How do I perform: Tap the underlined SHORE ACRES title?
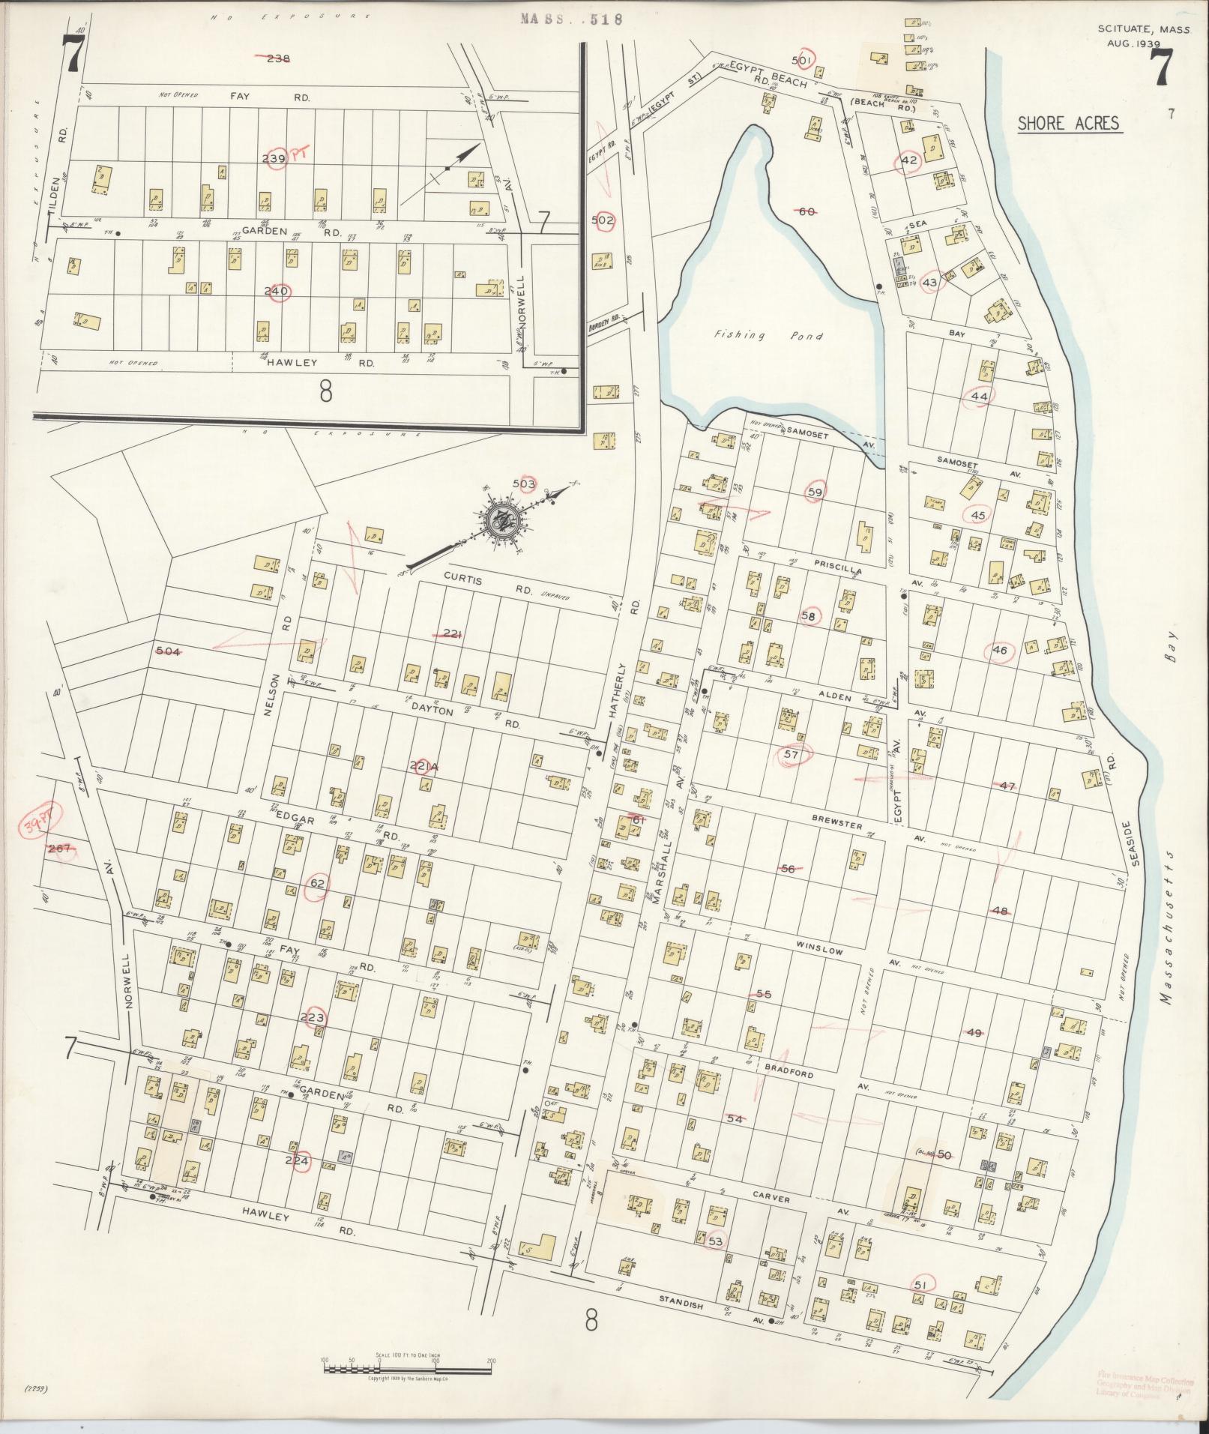pyautogui.click(x=1070, y=124)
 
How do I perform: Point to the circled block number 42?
pyautogui.click(x=910, y=160)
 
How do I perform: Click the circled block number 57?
pyautogui.click(x=792, y=755)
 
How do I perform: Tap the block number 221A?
pyautogui.click(x=423, y=766)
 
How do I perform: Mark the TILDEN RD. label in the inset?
pyautogui.click(x=63, y=174)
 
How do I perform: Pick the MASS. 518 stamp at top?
pyautogui.click(x=571, y=20)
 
